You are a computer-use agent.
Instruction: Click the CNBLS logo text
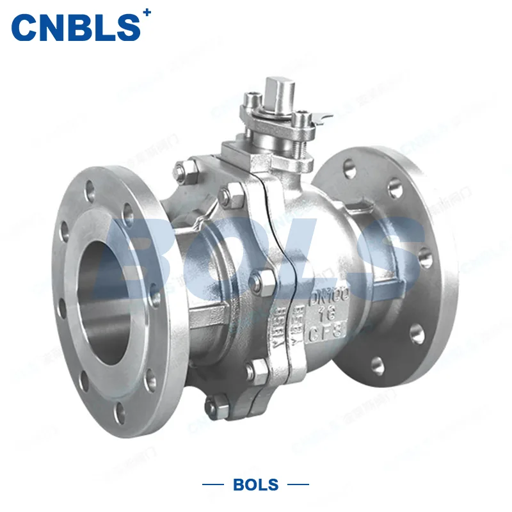click(x=76, y=27)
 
